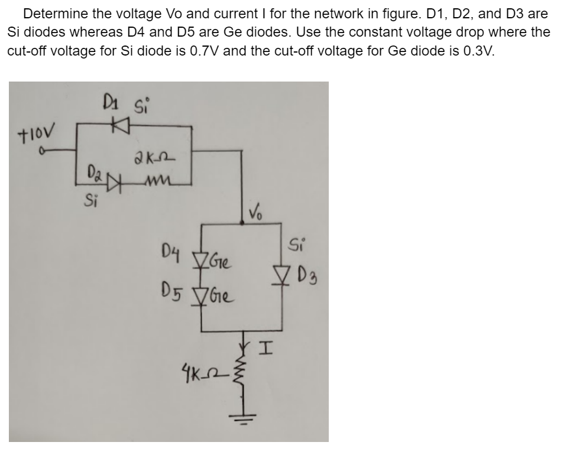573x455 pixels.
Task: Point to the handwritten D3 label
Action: (306, 275)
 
